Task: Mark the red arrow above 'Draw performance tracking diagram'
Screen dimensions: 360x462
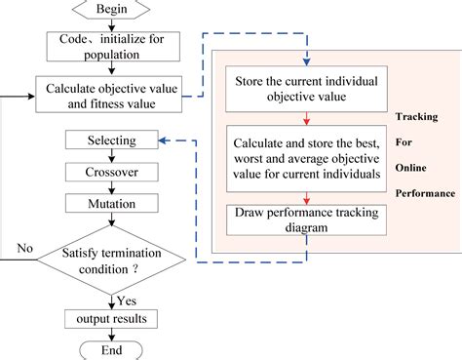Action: (x=306, y=195)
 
